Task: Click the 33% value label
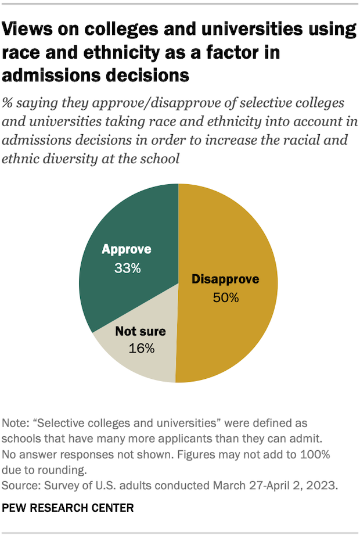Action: pos(127,269)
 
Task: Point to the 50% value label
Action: pos(225,298)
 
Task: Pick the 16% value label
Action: pos(141,349)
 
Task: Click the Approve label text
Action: pos(127,250)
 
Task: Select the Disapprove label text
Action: pos(225,280)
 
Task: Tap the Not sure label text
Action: pos(141,332)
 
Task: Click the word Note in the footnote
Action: pos(15,422)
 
